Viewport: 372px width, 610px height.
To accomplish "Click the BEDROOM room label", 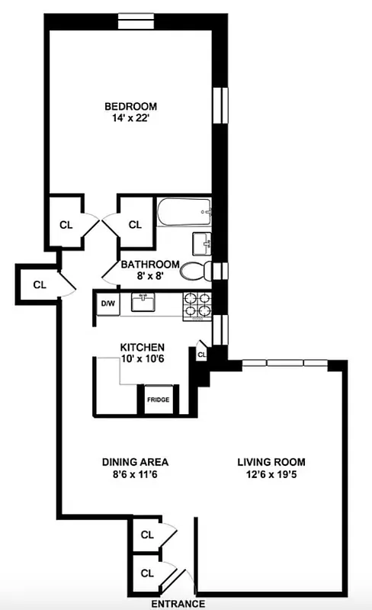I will coord(130,106).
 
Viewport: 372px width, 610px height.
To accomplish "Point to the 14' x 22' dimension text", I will coord(130,118).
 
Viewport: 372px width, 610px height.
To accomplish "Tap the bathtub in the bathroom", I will coord(184,211).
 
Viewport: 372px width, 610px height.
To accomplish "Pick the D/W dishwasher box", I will coord(107,304).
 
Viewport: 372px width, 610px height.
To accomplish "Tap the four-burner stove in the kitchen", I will coord(195,304).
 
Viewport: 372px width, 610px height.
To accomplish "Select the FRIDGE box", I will coord(158,400).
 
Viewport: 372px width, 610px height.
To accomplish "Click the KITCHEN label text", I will coord(143,347).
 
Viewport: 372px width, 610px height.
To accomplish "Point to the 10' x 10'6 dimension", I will coord(143,359).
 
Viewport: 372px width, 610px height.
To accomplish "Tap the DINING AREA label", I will coord(135,462).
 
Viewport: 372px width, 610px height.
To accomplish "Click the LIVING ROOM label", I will coord(271,462).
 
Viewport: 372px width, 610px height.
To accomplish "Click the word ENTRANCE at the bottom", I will coord(178,603).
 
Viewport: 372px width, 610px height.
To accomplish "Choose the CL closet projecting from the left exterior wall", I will coord(39,284).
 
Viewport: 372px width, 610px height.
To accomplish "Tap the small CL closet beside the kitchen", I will coord(202,355).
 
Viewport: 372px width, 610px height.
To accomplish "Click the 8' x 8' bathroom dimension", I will coord(149,277).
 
